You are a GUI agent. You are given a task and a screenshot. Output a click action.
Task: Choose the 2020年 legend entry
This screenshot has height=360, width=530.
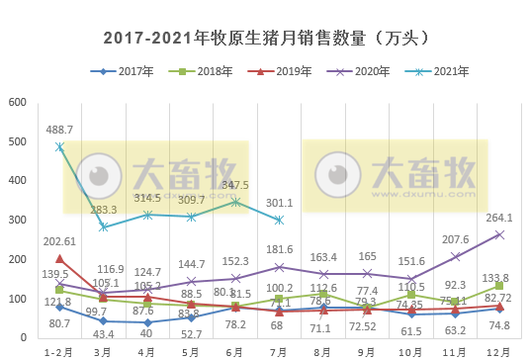(358, 72)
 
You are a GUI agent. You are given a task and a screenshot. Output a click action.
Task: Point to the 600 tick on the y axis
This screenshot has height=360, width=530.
(17, 103)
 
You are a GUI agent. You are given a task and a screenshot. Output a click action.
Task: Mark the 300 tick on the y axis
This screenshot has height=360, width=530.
(17, 221)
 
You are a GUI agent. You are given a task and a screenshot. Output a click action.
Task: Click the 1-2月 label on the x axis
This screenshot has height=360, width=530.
(59, 349)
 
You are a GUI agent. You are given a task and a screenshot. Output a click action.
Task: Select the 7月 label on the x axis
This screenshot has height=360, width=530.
(279, 349)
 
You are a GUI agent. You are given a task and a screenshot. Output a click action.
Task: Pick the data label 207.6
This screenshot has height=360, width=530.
(455, 240)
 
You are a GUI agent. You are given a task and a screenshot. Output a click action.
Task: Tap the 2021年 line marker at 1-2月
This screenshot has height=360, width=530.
(59, 146)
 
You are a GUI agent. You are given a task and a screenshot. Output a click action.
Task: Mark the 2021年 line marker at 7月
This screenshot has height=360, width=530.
(279, 220)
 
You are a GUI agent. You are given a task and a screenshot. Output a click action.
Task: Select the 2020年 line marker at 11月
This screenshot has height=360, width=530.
(455, 256)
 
